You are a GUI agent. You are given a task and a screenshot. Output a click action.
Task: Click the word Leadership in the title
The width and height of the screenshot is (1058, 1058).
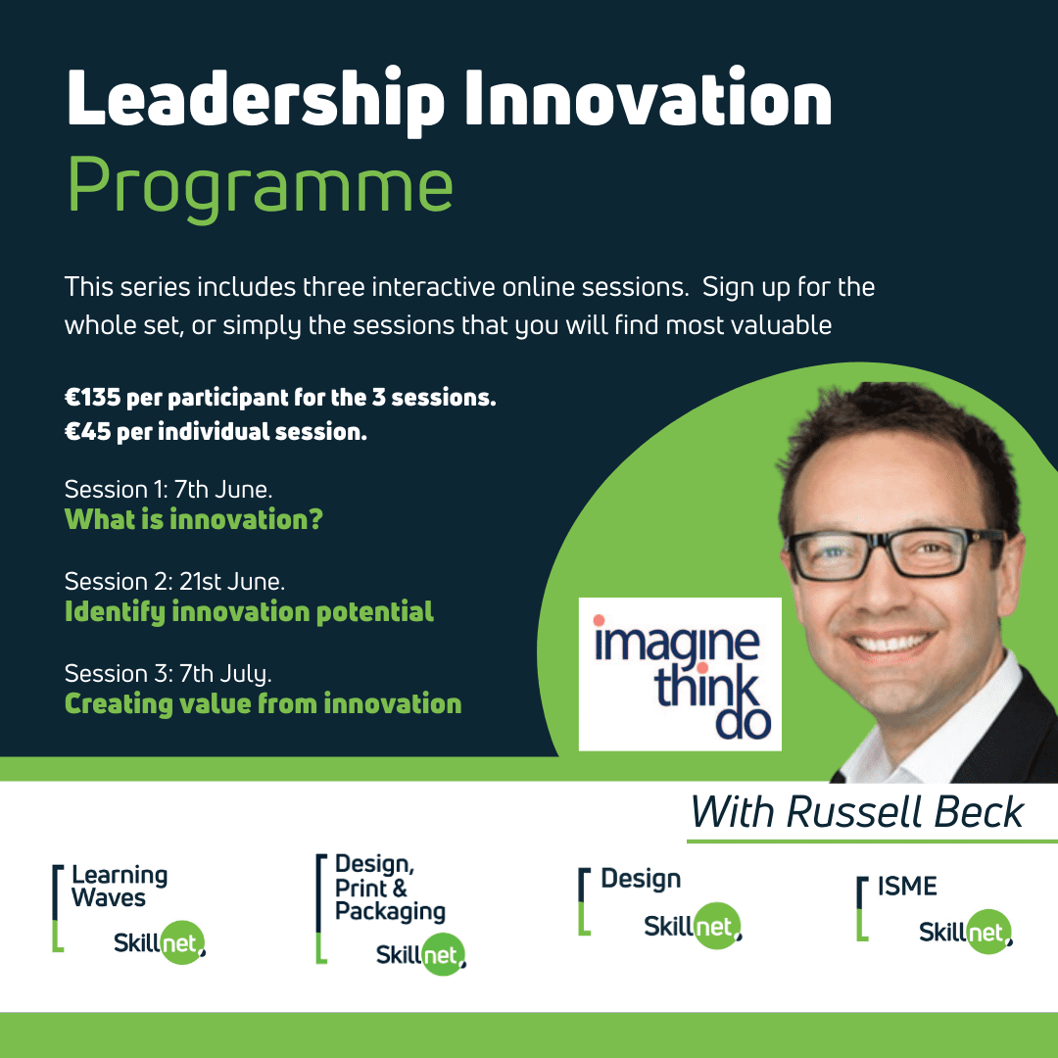[255, 101]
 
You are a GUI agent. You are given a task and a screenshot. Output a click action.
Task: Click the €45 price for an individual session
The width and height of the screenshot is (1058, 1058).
[88, 431]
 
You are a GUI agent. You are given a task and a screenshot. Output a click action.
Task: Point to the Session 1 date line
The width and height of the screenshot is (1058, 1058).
[168, 489]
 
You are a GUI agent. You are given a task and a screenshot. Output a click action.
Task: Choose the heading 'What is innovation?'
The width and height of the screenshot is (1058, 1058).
[194, 519]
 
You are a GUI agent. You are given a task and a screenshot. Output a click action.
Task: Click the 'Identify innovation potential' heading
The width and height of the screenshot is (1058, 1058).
[249, 612]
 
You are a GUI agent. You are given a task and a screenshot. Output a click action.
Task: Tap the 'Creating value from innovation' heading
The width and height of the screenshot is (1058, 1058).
[264, 703]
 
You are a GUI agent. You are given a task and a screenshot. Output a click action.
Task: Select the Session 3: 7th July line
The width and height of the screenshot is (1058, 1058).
[168, 673]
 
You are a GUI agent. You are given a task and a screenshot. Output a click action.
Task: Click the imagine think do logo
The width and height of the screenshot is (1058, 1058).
[680, 674]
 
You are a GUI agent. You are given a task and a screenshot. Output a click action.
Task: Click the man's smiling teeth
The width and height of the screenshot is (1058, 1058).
[892, 644]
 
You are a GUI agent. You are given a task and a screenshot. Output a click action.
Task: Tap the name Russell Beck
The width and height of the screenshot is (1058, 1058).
[904, 812]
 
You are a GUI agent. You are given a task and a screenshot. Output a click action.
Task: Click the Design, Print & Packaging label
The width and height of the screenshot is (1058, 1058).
[390, 888]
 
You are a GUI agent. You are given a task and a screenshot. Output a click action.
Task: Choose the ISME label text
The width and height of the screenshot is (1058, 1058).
[907, 886]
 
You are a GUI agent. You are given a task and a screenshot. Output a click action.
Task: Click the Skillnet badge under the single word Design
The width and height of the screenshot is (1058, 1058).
[693, 926]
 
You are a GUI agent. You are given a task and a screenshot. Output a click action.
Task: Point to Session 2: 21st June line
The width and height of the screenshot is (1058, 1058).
[174, 582]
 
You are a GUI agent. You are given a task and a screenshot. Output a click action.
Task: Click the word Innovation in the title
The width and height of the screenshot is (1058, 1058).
[649, 99]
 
